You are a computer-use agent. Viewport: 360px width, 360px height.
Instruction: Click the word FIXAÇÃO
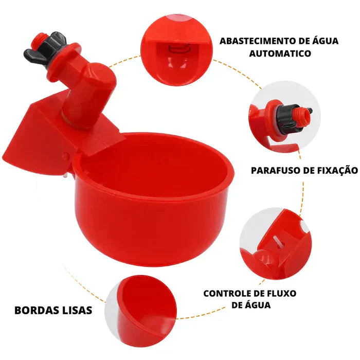click(337, 170)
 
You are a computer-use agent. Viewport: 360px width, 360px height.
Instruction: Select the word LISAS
click(78, 310)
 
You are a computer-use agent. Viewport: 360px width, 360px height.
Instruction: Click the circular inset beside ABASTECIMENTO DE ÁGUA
click(177, 49)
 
